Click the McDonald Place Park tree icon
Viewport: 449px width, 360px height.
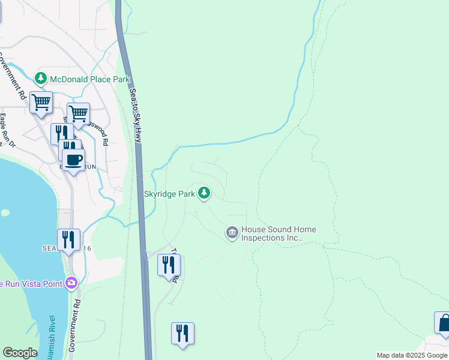41,79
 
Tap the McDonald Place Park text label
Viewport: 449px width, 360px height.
90,79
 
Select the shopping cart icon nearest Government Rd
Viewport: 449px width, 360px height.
41,103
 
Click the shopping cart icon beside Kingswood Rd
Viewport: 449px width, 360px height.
78,113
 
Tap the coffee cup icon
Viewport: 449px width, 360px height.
73,160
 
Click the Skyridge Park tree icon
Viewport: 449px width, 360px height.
205,193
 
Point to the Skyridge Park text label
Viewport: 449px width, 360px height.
170,194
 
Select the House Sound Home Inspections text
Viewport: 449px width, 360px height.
279,233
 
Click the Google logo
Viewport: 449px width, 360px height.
20,353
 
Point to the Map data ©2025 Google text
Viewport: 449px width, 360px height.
412,355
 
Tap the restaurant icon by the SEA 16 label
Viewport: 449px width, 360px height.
68,240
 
